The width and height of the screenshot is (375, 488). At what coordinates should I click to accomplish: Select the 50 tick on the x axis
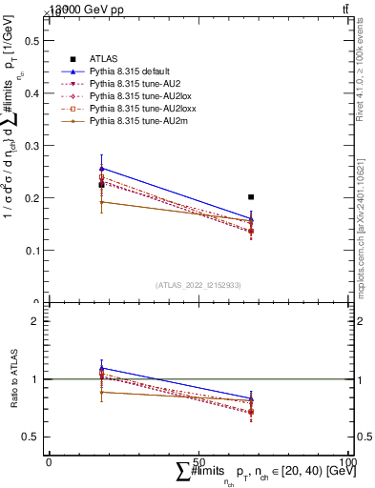coord(198,462)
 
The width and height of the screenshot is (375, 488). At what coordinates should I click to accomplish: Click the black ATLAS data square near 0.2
coord(251,197)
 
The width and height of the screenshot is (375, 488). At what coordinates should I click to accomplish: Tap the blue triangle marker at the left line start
coord(102,168)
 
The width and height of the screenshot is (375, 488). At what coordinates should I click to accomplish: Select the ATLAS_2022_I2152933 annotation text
coord(198,285)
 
